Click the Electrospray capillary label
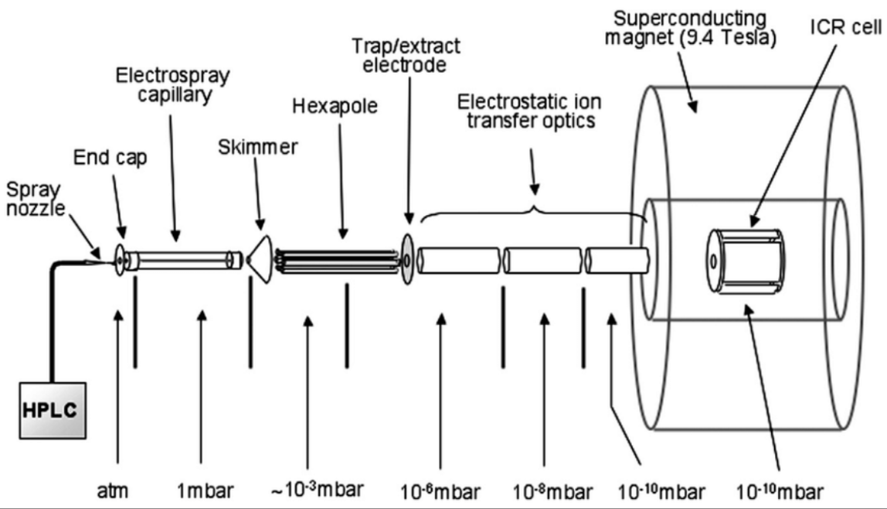tap(173, 86)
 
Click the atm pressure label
tap(118, 491)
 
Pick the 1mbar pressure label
tap(202, 491)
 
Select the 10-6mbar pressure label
tap(442, 491)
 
